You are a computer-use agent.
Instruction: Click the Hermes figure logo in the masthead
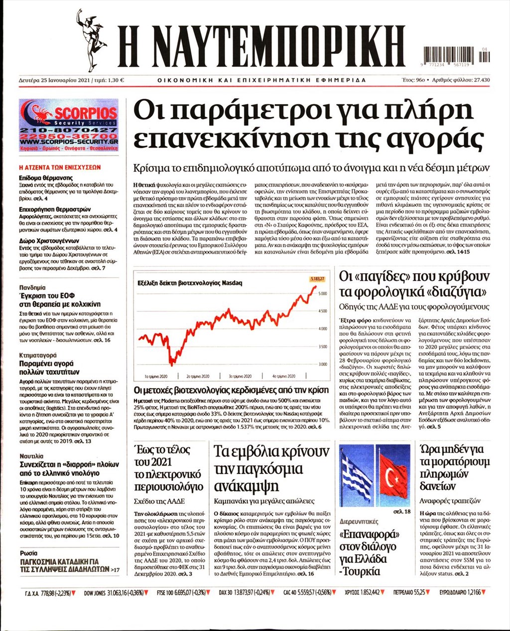[91, 40]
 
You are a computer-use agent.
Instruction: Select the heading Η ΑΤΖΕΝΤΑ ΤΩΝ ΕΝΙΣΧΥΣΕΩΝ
[59, 167]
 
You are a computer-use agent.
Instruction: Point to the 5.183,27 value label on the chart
[317, 279]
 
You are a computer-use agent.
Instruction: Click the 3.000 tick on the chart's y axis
[322, 364]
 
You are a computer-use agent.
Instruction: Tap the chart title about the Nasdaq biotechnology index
[190, 283]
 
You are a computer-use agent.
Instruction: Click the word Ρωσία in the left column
[29, 553]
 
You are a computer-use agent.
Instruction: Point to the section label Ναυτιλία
[32, 456]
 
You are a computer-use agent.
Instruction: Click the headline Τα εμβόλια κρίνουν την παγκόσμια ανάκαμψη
[271, 469]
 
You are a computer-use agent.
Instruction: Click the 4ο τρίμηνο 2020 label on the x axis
[284, 376]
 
